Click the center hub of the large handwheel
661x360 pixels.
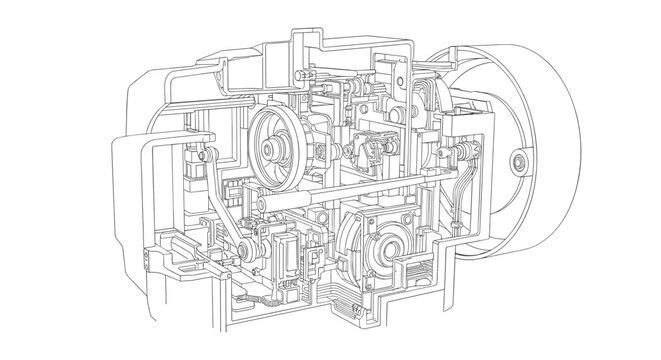pyautogui.click(x=519, y=161)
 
